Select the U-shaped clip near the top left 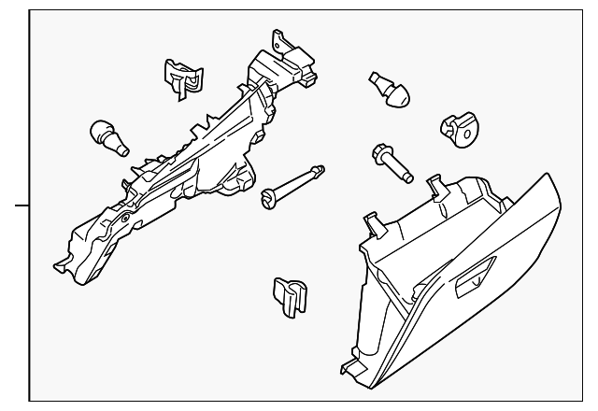[x=182, y=77]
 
